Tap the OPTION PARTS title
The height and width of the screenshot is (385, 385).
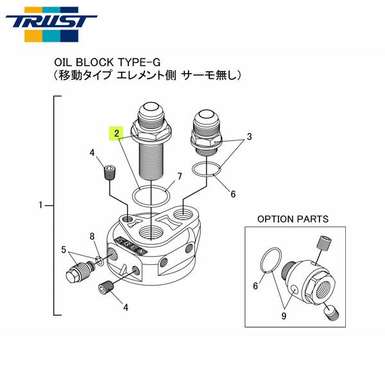[293, 219]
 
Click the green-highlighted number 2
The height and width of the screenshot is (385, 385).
[116, 133]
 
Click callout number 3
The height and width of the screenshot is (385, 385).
[249, 137]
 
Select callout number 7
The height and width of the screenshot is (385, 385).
[180, 176]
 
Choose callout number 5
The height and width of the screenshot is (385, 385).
[64, 249]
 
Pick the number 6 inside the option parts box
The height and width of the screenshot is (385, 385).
[255, 286]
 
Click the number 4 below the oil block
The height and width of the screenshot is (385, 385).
[126, 307]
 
